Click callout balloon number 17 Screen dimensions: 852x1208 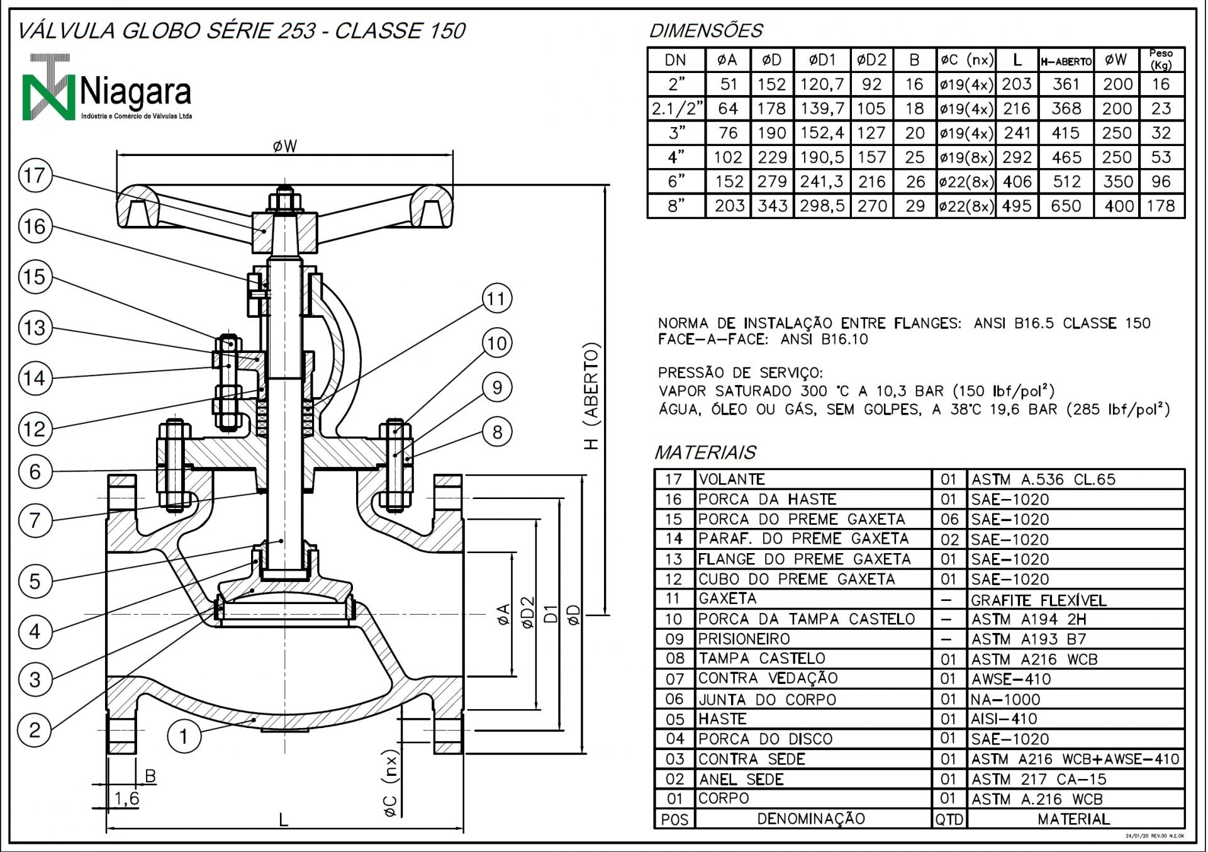coord(35,176)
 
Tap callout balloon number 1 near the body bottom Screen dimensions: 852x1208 coord(184,736)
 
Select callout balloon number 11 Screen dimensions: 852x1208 coord(496,298)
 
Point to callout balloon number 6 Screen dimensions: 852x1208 coord(35,471)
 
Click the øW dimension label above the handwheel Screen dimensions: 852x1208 coord(284,147)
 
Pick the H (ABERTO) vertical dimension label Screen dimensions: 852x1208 coord(591,396)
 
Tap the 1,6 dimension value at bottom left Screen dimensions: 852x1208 coord(126,799)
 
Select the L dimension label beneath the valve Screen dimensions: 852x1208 coord(284,820)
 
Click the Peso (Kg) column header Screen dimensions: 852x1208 coord(1161,60)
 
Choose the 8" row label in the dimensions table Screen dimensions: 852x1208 coord(676,206)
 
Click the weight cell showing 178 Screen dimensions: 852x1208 coord(1161,206)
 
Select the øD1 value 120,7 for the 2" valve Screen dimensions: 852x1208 coord(822,84)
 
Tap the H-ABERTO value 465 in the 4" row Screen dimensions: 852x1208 coord(1066,157)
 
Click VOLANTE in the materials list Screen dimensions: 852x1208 coord(732,479)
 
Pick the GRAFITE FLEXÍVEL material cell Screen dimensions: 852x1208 coord(1038,600)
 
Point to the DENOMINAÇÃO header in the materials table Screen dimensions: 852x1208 coord(811,819)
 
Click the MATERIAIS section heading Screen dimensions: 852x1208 coord(705,452)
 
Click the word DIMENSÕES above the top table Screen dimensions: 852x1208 coord(706,31)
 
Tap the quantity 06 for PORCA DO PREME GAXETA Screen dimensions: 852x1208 coord(949,520)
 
